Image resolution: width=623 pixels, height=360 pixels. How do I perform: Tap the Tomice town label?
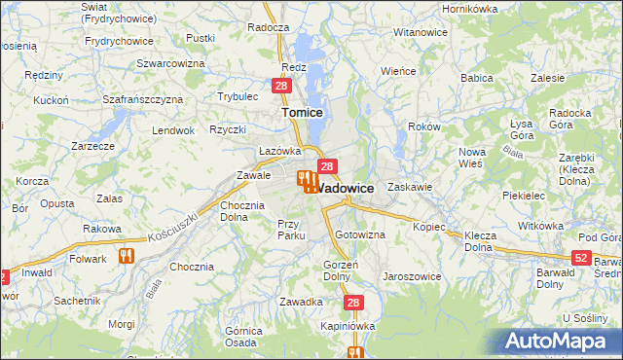click(302, 113)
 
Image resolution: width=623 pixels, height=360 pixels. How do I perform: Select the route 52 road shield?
click(581, 257)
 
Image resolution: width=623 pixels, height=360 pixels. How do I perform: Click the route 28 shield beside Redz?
click(280, 87)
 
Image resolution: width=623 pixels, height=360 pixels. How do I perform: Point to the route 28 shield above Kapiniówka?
click(352, 303)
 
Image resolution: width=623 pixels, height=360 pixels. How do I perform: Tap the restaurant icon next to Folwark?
click(125, 257)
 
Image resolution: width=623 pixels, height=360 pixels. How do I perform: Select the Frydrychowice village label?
click(120, 41)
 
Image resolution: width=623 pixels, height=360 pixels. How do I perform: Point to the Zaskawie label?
click(409, 186)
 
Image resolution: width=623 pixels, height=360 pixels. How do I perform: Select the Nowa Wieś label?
click(472, 157)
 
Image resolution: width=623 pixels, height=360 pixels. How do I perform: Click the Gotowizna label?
click(360, 235)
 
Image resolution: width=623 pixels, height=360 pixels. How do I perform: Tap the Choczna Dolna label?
click(242, 211)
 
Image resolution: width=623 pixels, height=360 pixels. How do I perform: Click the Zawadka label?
click(301, 302)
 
